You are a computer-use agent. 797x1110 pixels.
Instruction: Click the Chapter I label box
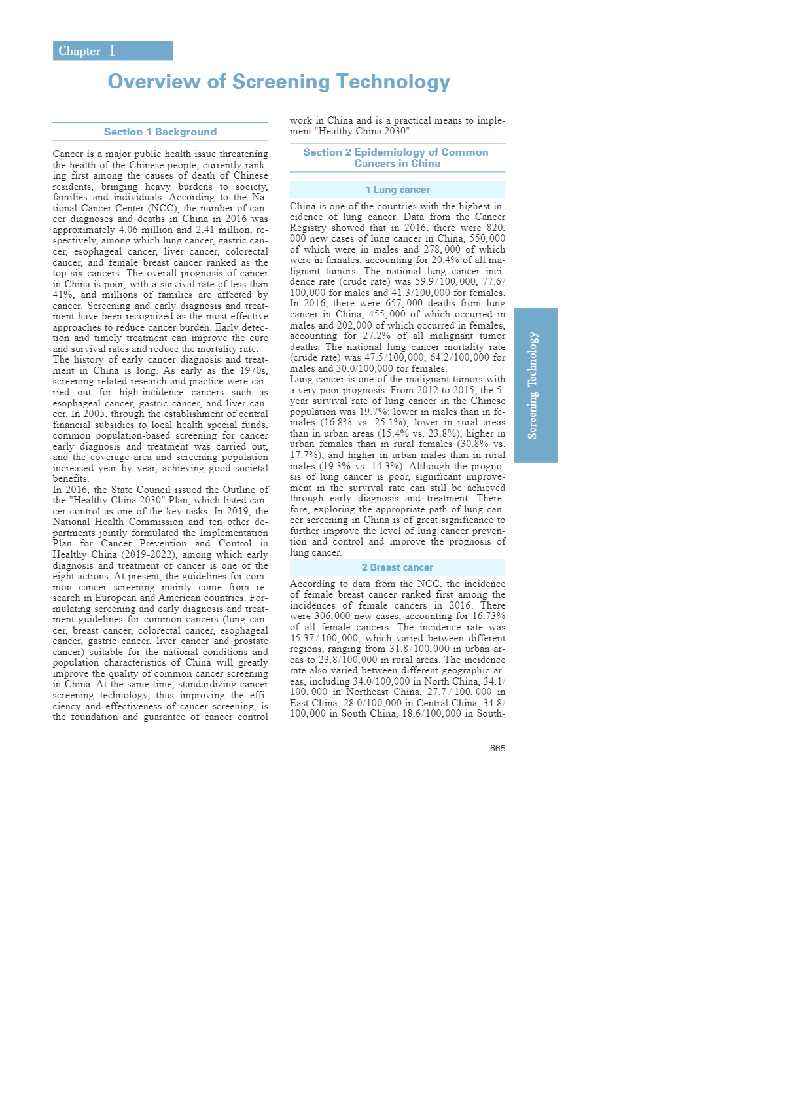pos(113,51)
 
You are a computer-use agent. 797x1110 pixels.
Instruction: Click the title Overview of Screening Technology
pos(279,82)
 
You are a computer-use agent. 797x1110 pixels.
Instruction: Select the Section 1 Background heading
pos(160,132)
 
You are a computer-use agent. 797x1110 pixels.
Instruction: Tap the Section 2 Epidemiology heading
pos(396,158)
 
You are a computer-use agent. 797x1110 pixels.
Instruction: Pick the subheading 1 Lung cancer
pos(397,190)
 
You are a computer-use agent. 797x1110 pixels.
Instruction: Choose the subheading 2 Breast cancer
pos(397,567)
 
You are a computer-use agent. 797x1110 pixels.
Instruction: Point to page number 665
pos(497,748)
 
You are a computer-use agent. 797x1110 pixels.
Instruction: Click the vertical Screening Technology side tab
pos(535,385)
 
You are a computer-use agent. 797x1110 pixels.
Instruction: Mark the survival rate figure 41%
pos(63,295)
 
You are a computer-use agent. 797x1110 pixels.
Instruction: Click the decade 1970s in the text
pos(253,370)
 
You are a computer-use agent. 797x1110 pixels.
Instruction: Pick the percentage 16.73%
pos(489,616)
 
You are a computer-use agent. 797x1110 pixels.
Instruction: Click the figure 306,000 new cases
pos(331,616)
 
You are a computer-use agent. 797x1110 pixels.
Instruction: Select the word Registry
pos(308,228)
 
